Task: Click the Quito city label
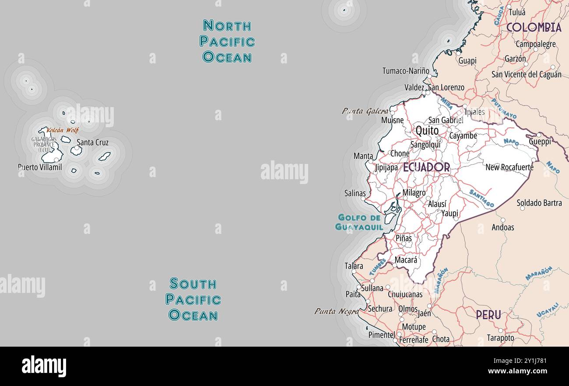427,130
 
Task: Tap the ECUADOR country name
426,167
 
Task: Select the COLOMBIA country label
534,27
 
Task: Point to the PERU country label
488,315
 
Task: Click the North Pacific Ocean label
227,42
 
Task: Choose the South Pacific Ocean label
193,299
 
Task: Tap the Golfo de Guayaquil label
359,222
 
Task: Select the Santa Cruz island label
92,143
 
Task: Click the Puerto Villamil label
40,167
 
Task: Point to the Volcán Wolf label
63,130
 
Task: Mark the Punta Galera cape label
365,111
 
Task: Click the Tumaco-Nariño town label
406,71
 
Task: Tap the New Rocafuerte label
509,167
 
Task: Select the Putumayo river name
503,109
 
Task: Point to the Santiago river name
481,198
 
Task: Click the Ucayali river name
548,309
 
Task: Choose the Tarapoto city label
500,338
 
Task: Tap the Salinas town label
355,193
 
